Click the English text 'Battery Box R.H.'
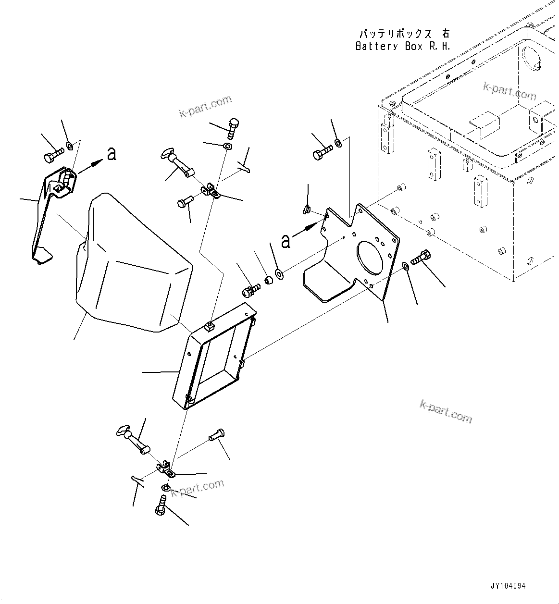[403, 47]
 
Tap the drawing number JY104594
[508, 586]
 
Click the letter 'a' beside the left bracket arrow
[112, 154]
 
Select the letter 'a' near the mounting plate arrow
[286, 241]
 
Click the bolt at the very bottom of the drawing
[161, 505]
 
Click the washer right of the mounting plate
[406, 266]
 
